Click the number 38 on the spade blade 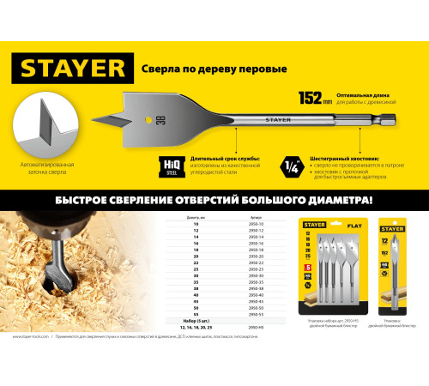click(160, 119)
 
